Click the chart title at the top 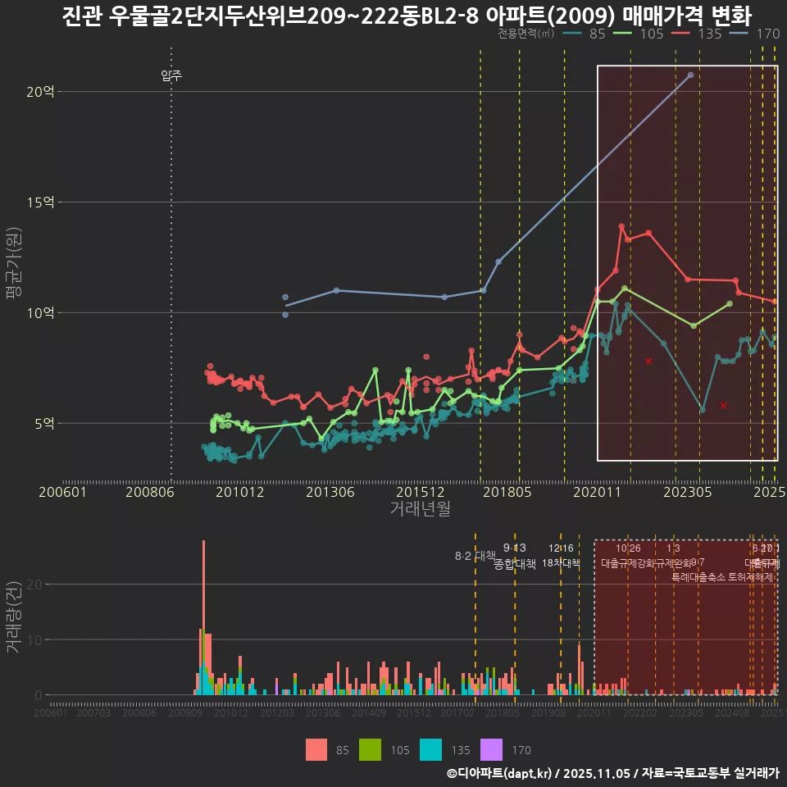pos(407,15)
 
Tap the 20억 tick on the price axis pos(40,92)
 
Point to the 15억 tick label pos(40,202)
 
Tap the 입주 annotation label pos(171,76)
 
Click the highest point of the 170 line pos(690,75)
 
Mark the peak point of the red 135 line pos(621,226)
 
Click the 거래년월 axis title pos(420,509)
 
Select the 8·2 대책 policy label pos(475,556)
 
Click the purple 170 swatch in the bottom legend pos(490,749)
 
